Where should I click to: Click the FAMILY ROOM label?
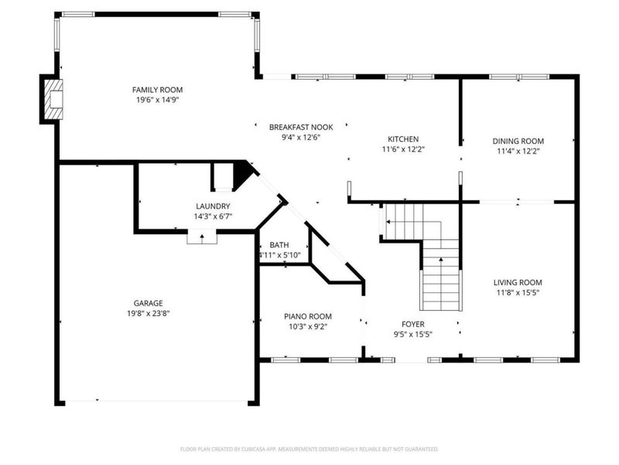157,90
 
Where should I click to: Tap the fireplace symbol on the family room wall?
53,99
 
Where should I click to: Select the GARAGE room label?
148,303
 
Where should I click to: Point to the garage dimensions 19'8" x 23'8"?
148,314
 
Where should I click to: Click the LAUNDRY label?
213,206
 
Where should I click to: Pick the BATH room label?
279,245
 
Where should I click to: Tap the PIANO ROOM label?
308,316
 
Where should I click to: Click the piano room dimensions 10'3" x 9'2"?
308,326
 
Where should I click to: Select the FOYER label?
413,324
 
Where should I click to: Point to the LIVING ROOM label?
518,282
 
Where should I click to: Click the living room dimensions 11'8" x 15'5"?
518,293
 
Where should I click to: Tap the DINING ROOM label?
518,141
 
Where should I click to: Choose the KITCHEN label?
403,139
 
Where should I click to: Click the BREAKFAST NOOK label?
301,127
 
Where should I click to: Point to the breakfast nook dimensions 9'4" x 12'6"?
301,138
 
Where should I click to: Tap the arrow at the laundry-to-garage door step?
202,238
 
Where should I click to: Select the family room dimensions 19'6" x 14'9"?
158,100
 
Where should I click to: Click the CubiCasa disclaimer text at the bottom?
309,449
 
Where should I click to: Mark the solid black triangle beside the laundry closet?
241,174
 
